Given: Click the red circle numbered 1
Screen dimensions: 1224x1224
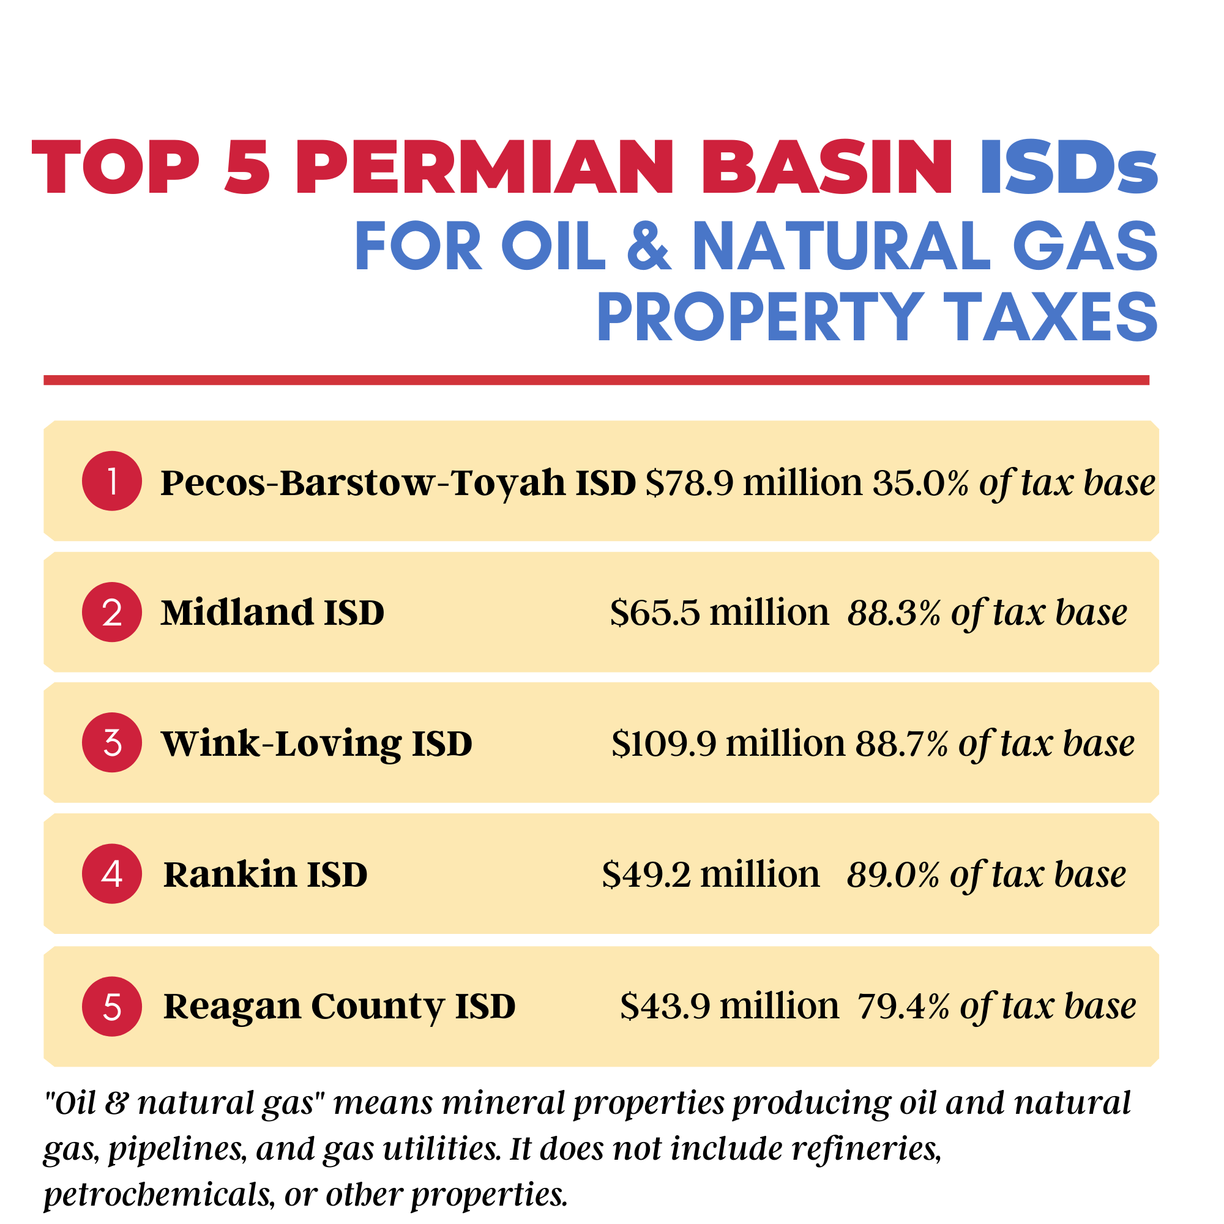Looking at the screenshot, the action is click(x=112, y=481).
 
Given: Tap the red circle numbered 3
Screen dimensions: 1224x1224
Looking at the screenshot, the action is click(x=112, y=742).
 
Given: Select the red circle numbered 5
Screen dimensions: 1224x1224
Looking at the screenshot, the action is click(x=112, y=1006).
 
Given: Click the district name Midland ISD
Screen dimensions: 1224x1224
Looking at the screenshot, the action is click(x=272, y=613).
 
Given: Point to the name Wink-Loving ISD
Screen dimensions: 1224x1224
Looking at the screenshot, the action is click(x=317, y=744).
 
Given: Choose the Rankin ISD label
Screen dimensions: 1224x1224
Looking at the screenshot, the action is click(x=266, y=875).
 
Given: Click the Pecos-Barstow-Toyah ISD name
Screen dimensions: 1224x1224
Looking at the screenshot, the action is click(x=398, y=483).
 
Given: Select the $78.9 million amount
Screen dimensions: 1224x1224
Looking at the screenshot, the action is click(x=754, y=483).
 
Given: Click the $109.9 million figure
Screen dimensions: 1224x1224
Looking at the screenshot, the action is click(x=728, y=743).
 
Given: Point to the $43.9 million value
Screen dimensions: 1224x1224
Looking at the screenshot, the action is click(x=730, y=1006).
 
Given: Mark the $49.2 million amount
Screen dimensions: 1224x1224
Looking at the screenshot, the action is click(x=711, y=875).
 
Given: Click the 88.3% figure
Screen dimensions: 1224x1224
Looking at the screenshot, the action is click(x=894, y=613).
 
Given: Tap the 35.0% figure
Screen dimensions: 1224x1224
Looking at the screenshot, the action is click(x=920, y=483).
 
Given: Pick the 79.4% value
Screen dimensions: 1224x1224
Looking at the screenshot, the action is click(x=903, y=1006).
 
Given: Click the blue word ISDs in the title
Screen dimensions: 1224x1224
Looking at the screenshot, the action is click(x=1069, y=166).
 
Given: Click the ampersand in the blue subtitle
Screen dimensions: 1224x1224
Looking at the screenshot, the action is click(x=649, y=246).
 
